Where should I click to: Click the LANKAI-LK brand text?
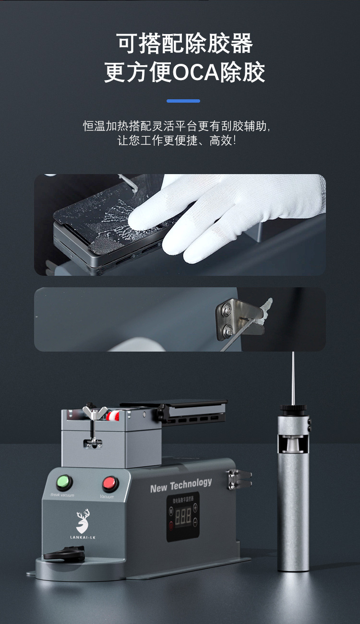83,537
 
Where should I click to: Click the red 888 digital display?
183,516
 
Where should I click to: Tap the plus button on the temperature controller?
195,507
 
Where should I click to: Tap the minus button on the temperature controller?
195,524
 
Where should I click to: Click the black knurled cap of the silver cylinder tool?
293,409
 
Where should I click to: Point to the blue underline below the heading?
183,101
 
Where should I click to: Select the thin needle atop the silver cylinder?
293,377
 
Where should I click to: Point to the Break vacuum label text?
62,494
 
